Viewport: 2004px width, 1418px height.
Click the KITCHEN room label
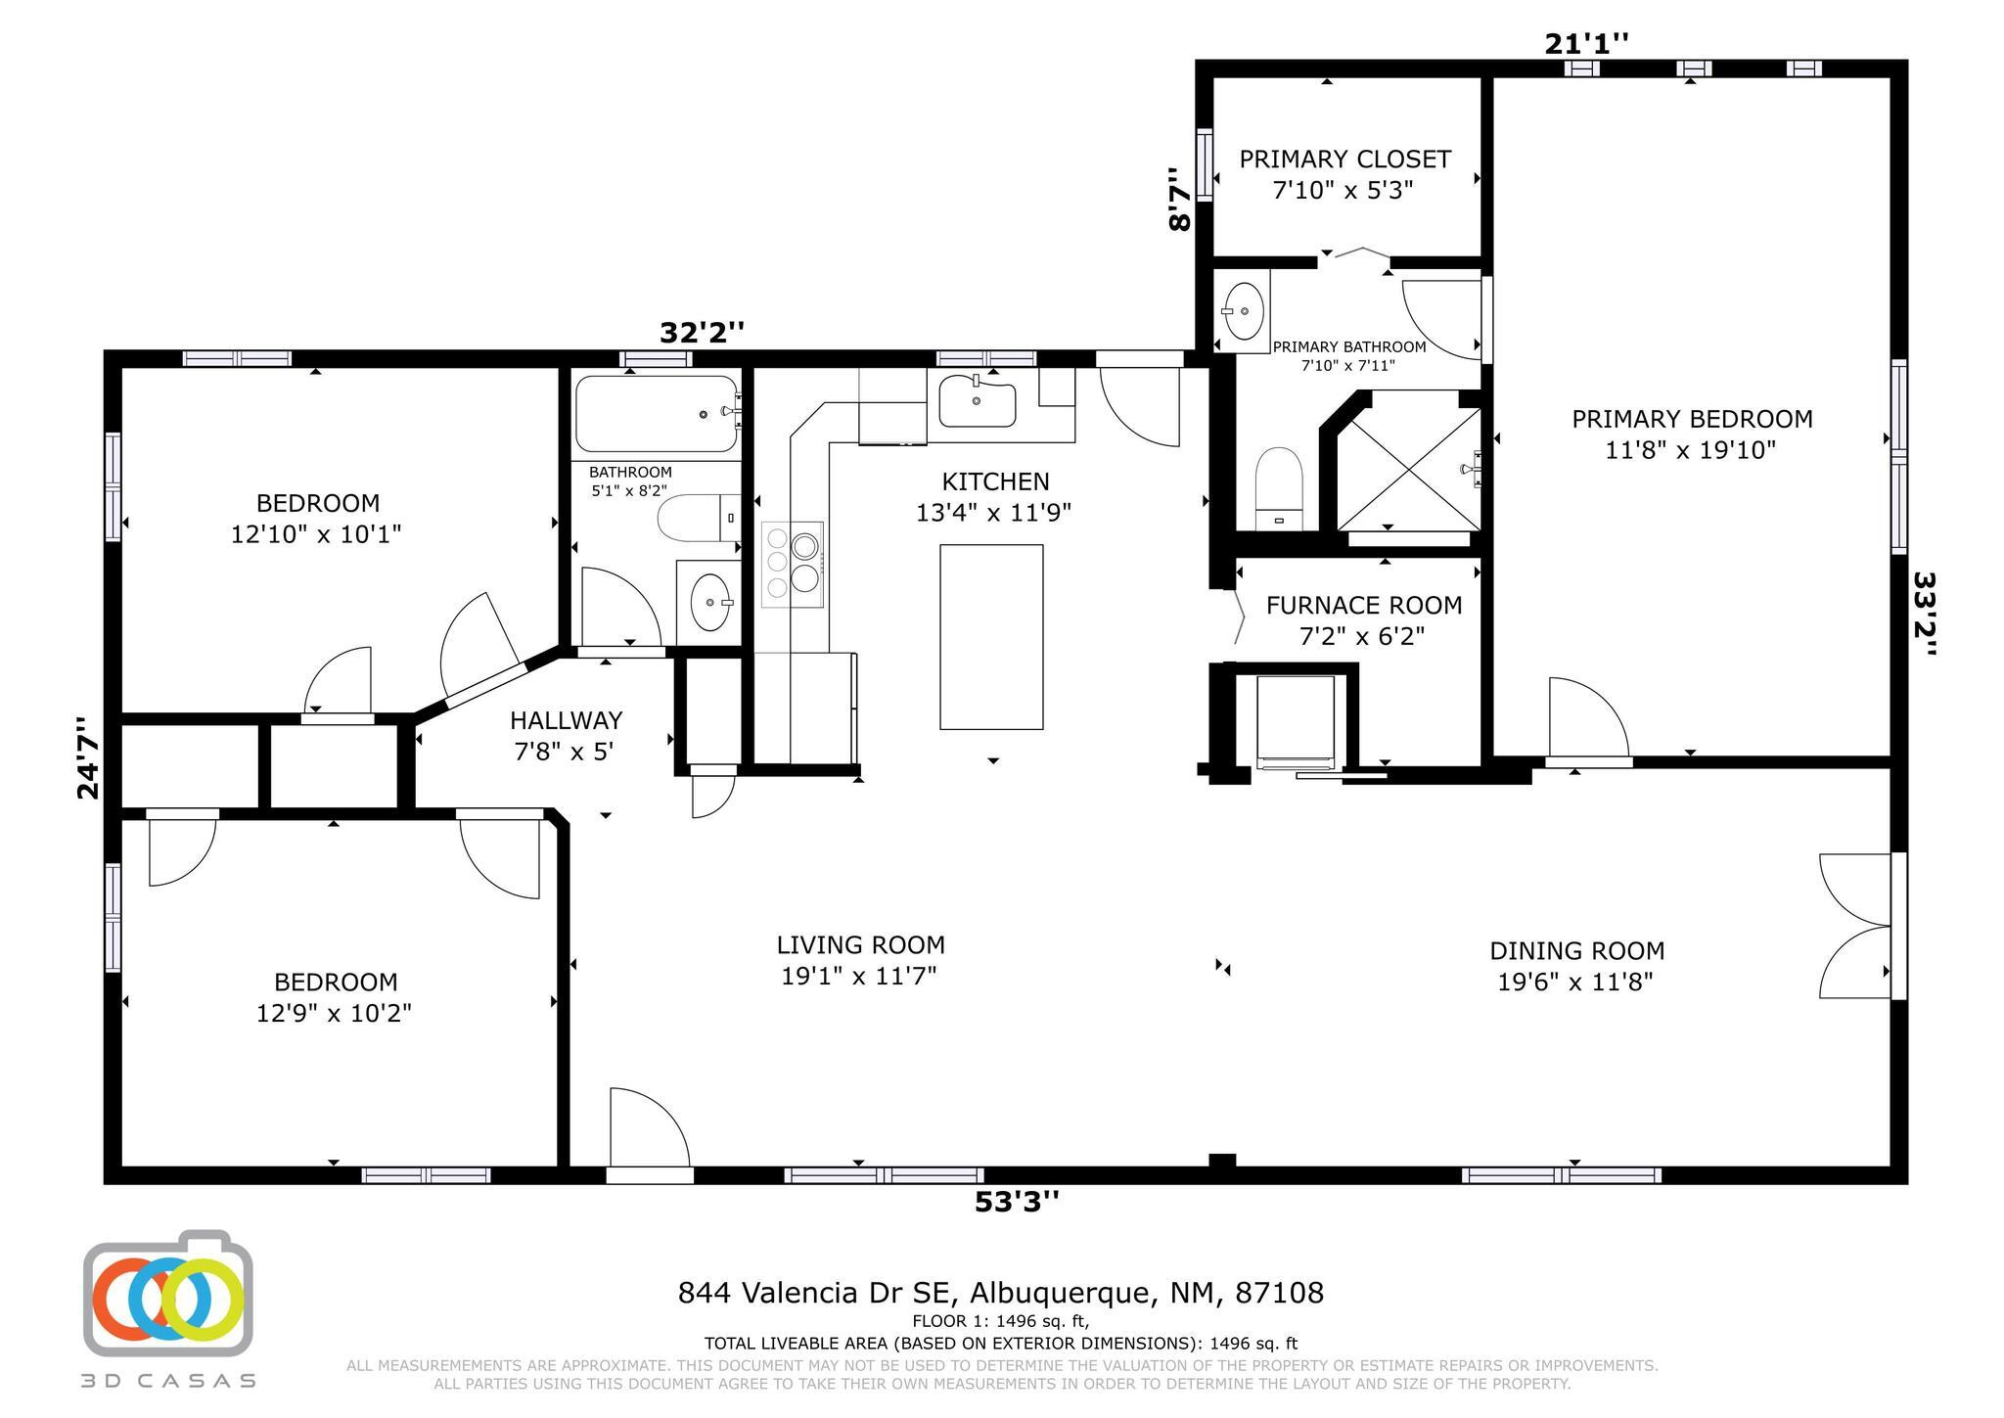pos(995,481)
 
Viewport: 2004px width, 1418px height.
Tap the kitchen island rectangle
pos(991,637)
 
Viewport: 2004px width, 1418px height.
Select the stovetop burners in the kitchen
pos(793,565)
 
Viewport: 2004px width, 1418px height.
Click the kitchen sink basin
pos(977,403)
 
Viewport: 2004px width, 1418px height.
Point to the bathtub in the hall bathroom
pos(657,414)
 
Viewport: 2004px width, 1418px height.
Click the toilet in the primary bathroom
pos(1279,489)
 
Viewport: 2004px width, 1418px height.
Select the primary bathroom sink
pos(1243,311)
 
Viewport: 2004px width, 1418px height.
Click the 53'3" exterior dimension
pos(1017,1201)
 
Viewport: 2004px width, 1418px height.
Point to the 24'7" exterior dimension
pos(88,757)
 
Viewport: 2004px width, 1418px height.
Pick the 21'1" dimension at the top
pos(1586,44)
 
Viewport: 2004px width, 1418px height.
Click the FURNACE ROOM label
pos(1364,606)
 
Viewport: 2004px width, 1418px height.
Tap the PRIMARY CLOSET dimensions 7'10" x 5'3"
pos(1344,190)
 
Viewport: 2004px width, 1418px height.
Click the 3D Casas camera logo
pos(168,1293)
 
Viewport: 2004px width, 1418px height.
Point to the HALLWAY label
pos(566,721)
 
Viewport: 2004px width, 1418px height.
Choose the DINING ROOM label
pos(1576,950)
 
